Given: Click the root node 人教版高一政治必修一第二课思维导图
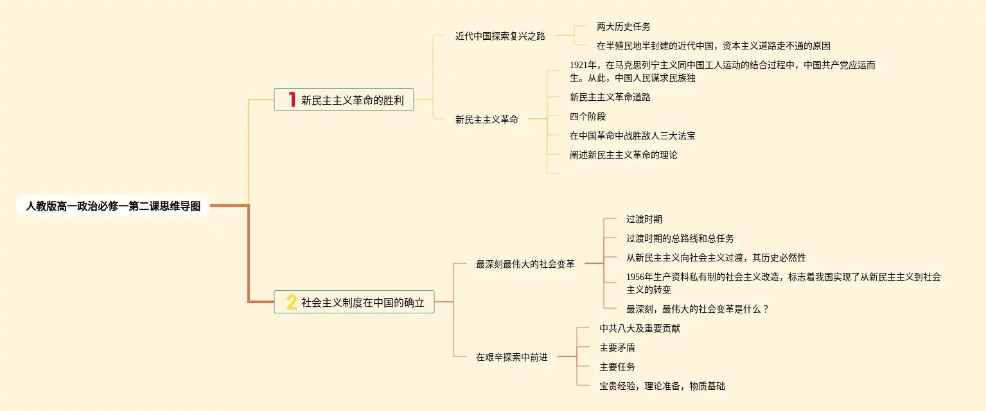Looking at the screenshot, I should (113, 206).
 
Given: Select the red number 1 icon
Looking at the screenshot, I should (292, 100).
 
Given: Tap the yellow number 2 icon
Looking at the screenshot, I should (292, 302).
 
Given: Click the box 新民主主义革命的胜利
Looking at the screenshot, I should (352, 100).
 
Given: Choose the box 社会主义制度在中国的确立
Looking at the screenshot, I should (363, 302).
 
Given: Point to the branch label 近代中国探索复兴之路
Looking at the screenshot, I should (500, 36).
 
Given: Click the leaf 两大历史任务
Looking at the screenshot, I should (623, 26).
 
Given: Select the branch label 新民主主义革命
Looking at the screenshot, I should (486, 119).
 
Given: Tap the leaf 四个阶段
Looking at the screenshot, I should (587, 116).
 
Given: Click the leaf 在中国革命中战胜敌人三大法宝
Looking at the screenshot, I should (632, 136).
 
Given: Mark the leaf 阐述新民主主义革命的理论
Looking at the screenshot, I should (623, 155).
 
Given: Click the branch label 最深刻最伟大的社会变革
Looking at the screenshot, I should (525, 264).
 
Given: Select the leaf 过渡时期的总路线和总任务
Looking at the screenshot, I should (680, 238).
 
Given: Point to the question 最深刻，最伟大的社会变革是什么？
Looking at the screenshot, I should (698, 309).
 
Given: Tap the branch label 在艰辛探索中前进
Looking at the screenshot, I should (511, 357).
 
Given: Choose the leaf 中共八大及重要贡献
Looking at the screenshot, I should (639, 328).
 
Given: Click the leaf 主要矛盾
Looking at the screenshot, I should (617, 347).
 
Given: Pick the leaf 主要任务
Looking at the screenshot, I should (617, 367).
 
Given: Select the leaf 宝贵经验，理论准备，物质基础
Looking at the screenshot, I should (662, 386).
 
